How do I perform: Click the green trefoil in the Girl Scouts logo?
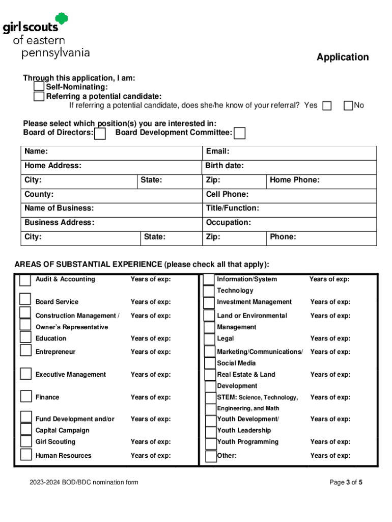(62, 19)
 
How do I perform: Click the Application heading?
(342, 57)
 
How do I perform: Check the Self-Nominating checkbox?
(39, 87)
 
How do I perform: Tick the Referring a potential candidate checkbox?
(39, 96)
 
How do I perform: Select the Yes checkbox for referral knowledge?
(327, 106)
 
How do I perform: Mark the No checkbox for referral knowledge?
(348, 106)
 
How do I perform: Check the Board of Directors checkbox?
(101, 134)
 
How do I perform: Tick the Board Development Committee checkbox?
(240, 134)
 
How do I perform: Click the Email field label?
(217, 151)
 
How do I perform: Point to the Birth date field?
(225, 166)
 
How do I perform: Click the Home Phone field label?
(294, 180)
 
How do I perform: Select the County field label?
(39, 194)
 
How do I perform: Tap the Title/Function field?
(232, 208)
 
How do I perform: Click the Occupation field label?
(228, 222)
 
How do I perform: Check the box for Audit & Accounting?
(25, 280)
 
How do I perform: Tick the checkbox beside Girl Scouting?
(26, 441)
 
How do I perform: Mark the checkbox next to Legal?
(209, 339)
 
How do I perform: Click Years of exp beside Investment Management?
(330, 302)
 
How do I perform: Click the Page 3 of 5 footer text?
(346, 482)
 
